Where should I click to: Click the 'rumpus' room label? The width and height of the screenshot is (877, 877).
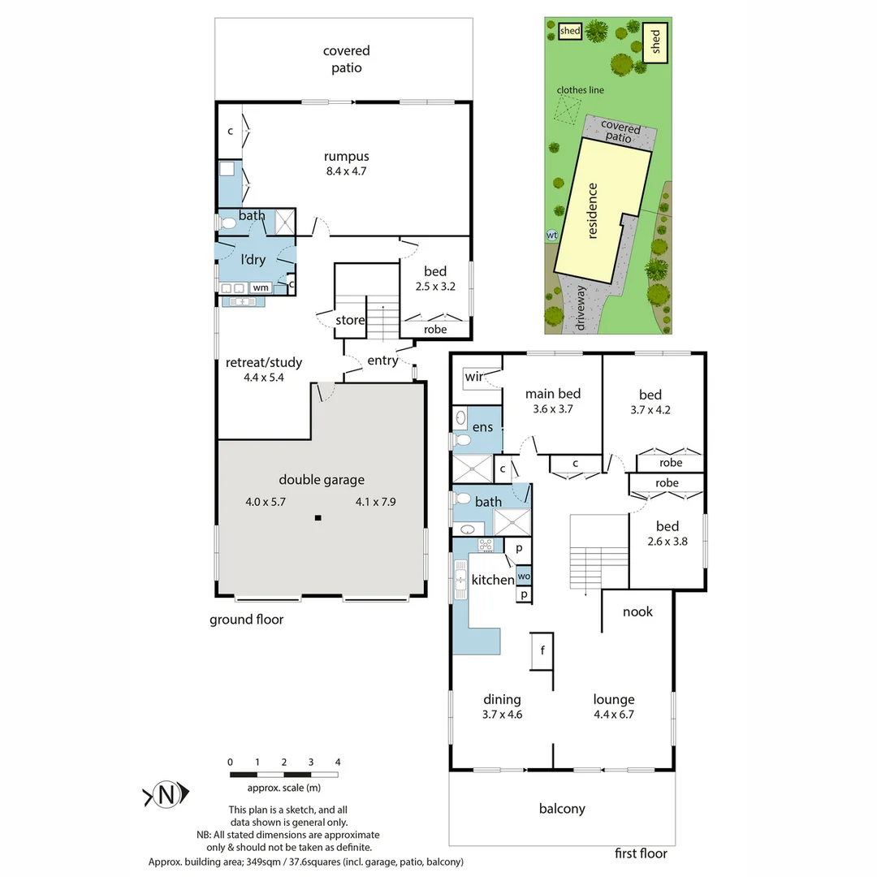(x=347, y=156)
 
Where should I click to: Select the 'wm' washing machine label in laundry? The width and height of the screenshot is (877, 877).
(x=261, y=287)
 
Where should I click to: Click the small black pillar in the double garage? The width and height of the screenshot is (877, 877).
(x=318, y=517)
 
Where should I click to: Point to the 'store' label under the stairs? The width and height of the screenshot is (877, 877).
(x=350, y=320)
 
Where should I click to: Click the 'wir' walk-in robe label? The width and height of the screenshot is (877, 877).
(x=474, y=378)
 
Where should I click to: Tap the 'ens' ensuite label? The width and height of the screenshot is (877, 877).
(x=483, y=427)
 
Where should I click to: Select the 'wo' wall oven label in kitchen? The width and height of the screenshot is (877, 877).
(x=524, y=577)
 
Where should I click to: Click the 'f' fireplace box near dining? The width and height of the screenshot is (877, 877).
(x=542, y=650)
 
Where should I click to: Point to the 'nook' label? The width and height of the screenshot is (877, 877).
(x=637, y=611)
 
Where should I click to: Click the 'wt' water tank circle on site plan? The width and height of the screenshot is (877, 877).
(x=552, y=235)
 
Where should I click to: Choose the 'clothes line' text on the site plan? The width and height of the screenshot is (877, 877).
(x=580, y=90)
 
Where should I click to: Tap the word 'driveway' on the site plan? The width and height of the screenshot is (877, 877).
(x=581, y=307)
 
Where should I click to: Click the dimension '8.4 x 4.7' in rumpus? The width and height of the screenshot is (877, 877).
(x=347, y=171)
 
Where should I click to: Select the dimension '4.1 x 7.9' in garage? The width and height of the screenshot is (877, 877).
(x=375, y=502)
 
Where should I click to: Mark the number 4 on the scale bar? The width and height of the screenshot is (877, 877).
(x=338, y=762)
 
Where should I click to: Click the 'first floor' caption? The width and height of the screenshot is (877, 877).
(x=642, y=853)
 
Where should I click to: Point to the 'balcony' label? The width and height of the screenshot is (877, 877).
(x=562, y=808)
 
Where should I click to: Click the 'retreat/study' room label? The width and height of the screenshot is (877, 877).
(x=264, y=362)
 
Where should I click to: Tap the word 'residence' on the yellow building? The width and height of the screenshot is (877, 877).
(x=593, y=211)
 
